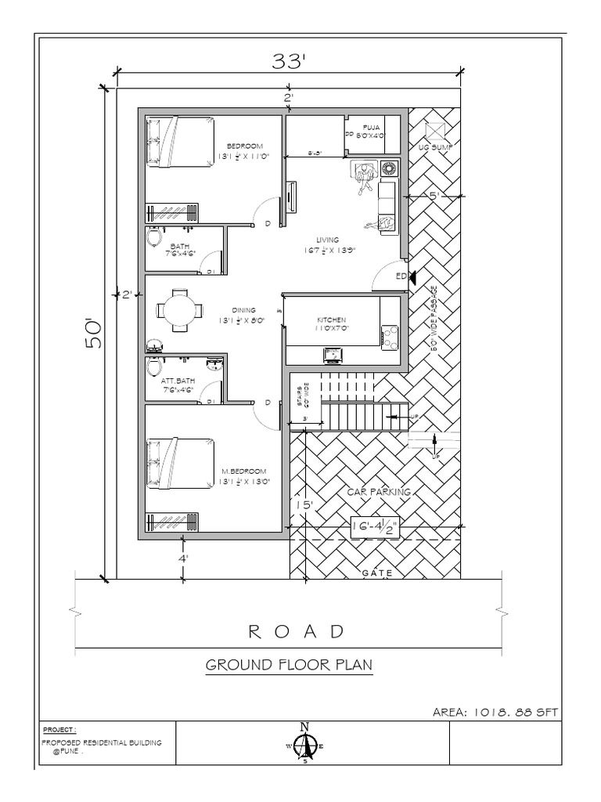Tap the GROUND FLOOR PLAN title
(x=288, y=666)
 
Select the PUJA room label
(x=371, y=127)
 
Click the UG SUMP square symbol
(x=434, y=130)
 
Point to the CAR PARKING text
(x=379, y=492)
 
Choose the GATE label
(x=376, y=573)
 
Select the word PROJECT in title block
(x=59, y=728)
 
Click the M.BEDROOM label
(x=244, y=471)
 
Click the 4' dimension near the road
(x=183, y=560)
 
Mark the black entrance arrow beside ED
(x=412, y=277)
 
